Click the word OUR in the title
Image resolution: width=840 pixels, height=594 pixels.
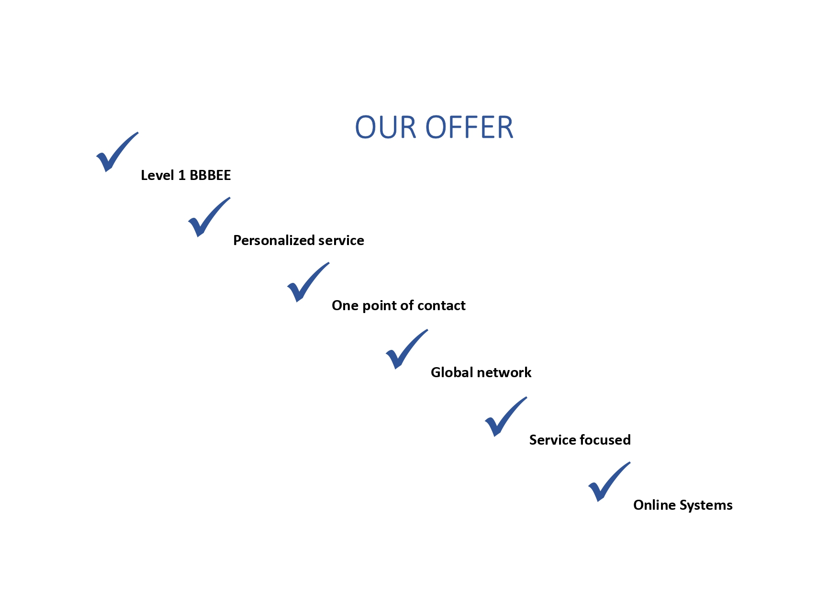click(385, 128)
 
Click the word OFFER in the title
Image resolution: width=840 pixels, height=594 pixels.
click(469, 128)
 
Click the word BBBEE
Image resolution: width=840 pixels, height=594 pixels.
click(210, 175)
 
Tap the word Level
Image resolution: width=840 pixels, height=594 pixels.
click(157, 175)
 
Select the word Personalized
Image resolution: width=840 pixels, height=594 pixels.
click(270, 240)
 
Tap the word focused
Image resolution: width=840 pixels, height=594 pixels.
click(609, 440)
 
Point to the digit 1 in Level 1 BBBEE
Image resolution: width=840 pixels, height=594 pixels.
click(182, 175)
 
